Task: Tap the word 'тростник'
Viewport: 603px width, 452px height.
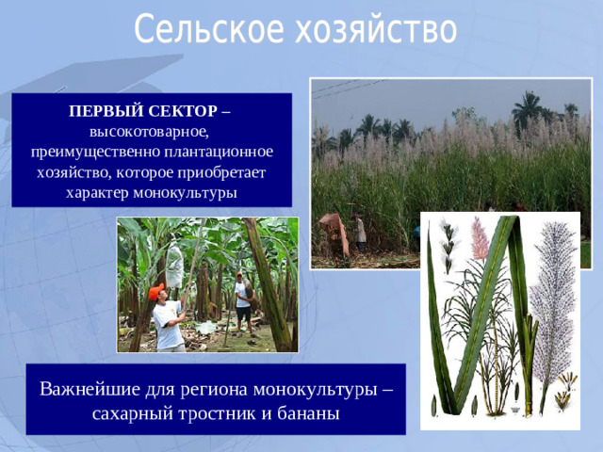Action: coord(211,413)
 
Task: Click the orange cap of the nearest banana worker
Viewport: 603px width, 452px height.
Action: coord(156,291)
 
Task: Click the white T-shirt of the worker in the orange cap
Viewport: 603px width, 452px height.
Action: coord(167,324)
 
